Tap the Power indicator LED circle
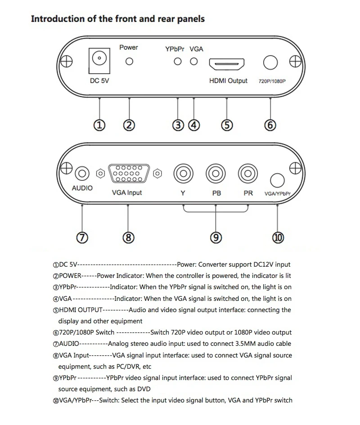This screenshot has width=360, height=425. (x=129, y=62)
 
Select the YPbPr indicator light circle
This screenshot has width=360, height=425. (x=178, y=62)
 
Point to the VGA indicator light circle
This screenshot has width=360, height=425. (x=194, y=62)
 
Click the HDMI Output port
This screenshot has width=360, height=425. (x=227, y=65)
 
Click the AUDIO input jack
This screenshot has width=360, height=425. (x=82, y=173)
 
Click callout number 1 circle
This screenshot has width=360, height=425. (x=99, y=125)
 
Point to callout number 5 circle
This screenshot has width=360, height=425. (x=228, y=125)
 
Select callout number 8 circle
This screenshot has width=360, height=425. (x=128, y=237)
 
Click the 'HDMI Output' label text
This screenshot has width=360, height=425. (x=228, y=81)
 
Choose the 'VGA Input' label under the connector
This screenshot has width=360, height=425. (x=127, y=192)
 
